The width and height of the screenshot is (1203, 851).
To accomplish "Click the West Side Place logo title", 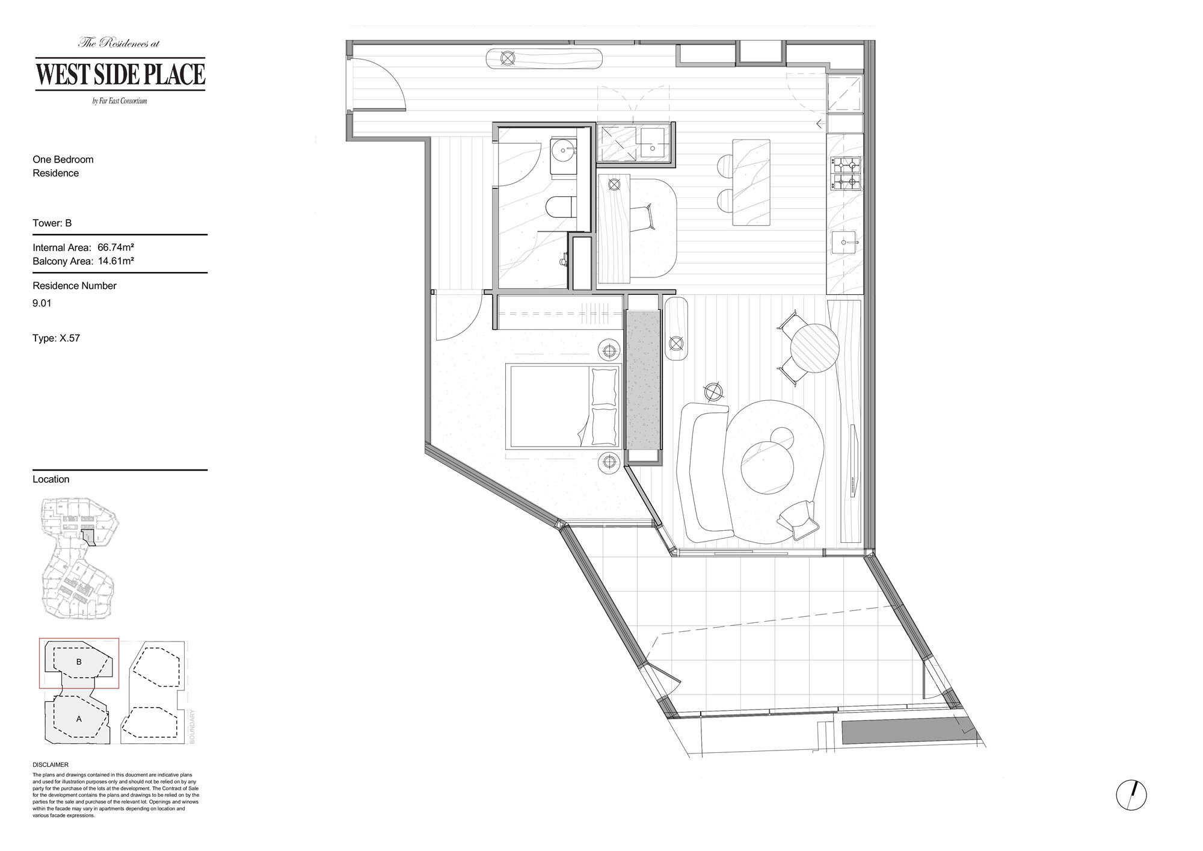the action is (120, 74).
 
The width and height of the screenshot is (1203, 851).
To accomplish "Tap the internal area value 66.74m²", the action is (115, 247).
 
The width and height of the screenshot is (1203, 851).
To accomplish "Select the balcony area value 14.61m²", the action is (115, 261).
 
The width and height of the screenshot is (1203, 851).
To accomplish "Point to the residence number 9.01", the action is (42, 303).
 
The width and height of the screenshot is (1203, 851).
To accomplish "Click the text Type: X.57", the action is (57, 338).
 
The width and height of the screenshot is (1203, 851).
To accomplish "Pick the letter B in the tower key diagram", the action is (79, 662).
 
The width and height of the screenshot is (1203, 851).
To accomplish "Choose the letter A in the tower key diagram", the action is (79, 719).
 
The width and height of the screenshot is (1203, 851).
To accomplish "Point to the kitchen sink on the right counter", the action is (845, 243).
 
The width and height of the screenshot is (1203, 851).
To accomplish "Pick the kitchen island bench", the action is (751, 182).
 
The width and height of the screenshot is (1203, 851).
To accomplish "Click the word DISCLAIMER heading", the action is (51, 765).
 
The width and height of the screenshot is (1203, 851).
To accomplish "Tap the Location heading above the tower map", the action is (51, 479).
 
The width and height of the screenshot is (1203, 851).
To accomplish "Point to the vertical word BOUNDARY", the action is (193, 726).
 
